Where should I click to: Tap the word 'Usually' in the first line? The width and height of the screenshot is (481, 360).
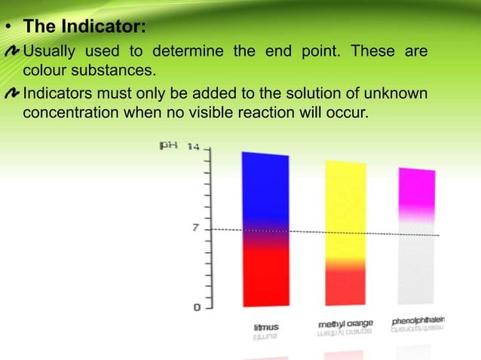[50, 52]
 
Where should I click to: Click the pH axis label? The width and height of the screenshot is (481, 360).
[168, 145]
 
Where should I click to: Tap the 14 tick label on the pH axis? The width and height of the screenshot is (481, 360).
[193, 147]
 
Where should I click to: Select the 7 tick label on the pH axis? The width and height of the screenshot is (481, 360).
[195, 227]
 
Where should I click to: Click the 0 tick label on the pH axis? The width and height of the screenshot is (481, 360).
[197, 307]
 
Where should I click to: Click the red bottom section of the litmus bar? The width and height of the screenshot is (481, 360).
[265, 279]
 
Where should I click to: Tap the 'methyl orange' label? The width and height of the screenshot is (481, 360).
[345, 324]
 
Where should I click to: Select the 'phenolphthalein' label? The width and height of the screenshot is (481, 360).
[418, 321]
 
